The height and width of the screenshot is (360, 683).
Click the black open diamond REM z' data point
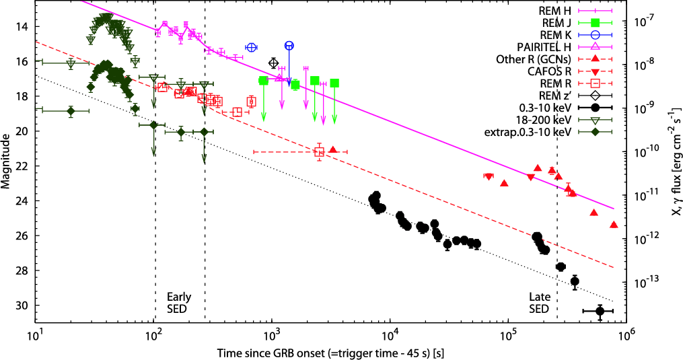coord(273,63)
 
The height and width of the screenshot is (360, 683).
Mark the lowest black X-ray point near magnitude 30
coord(600,311)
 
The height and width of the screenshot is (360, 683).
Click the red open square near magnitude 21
coord(319,152)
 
